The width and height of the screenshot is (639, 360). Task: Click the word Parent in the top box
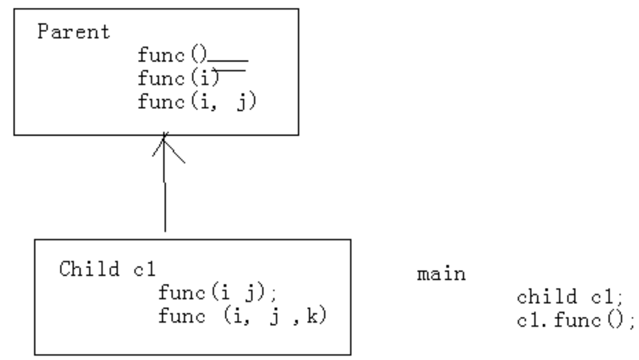(74, 32)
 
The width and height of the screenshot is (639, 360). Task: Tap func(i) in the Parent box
(178, 79)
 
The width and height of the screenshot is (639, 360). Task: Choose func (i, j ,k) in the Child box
(242, 315)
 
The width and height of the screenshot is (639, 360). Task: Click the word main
(441, 273)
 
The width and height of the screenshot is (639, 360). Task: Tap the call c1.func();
(576, 321)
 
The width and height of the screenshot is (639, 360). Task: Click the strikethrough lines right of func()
(228, 66)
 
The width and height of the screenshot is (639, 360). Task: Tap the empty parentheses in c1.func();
(613, 321)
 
